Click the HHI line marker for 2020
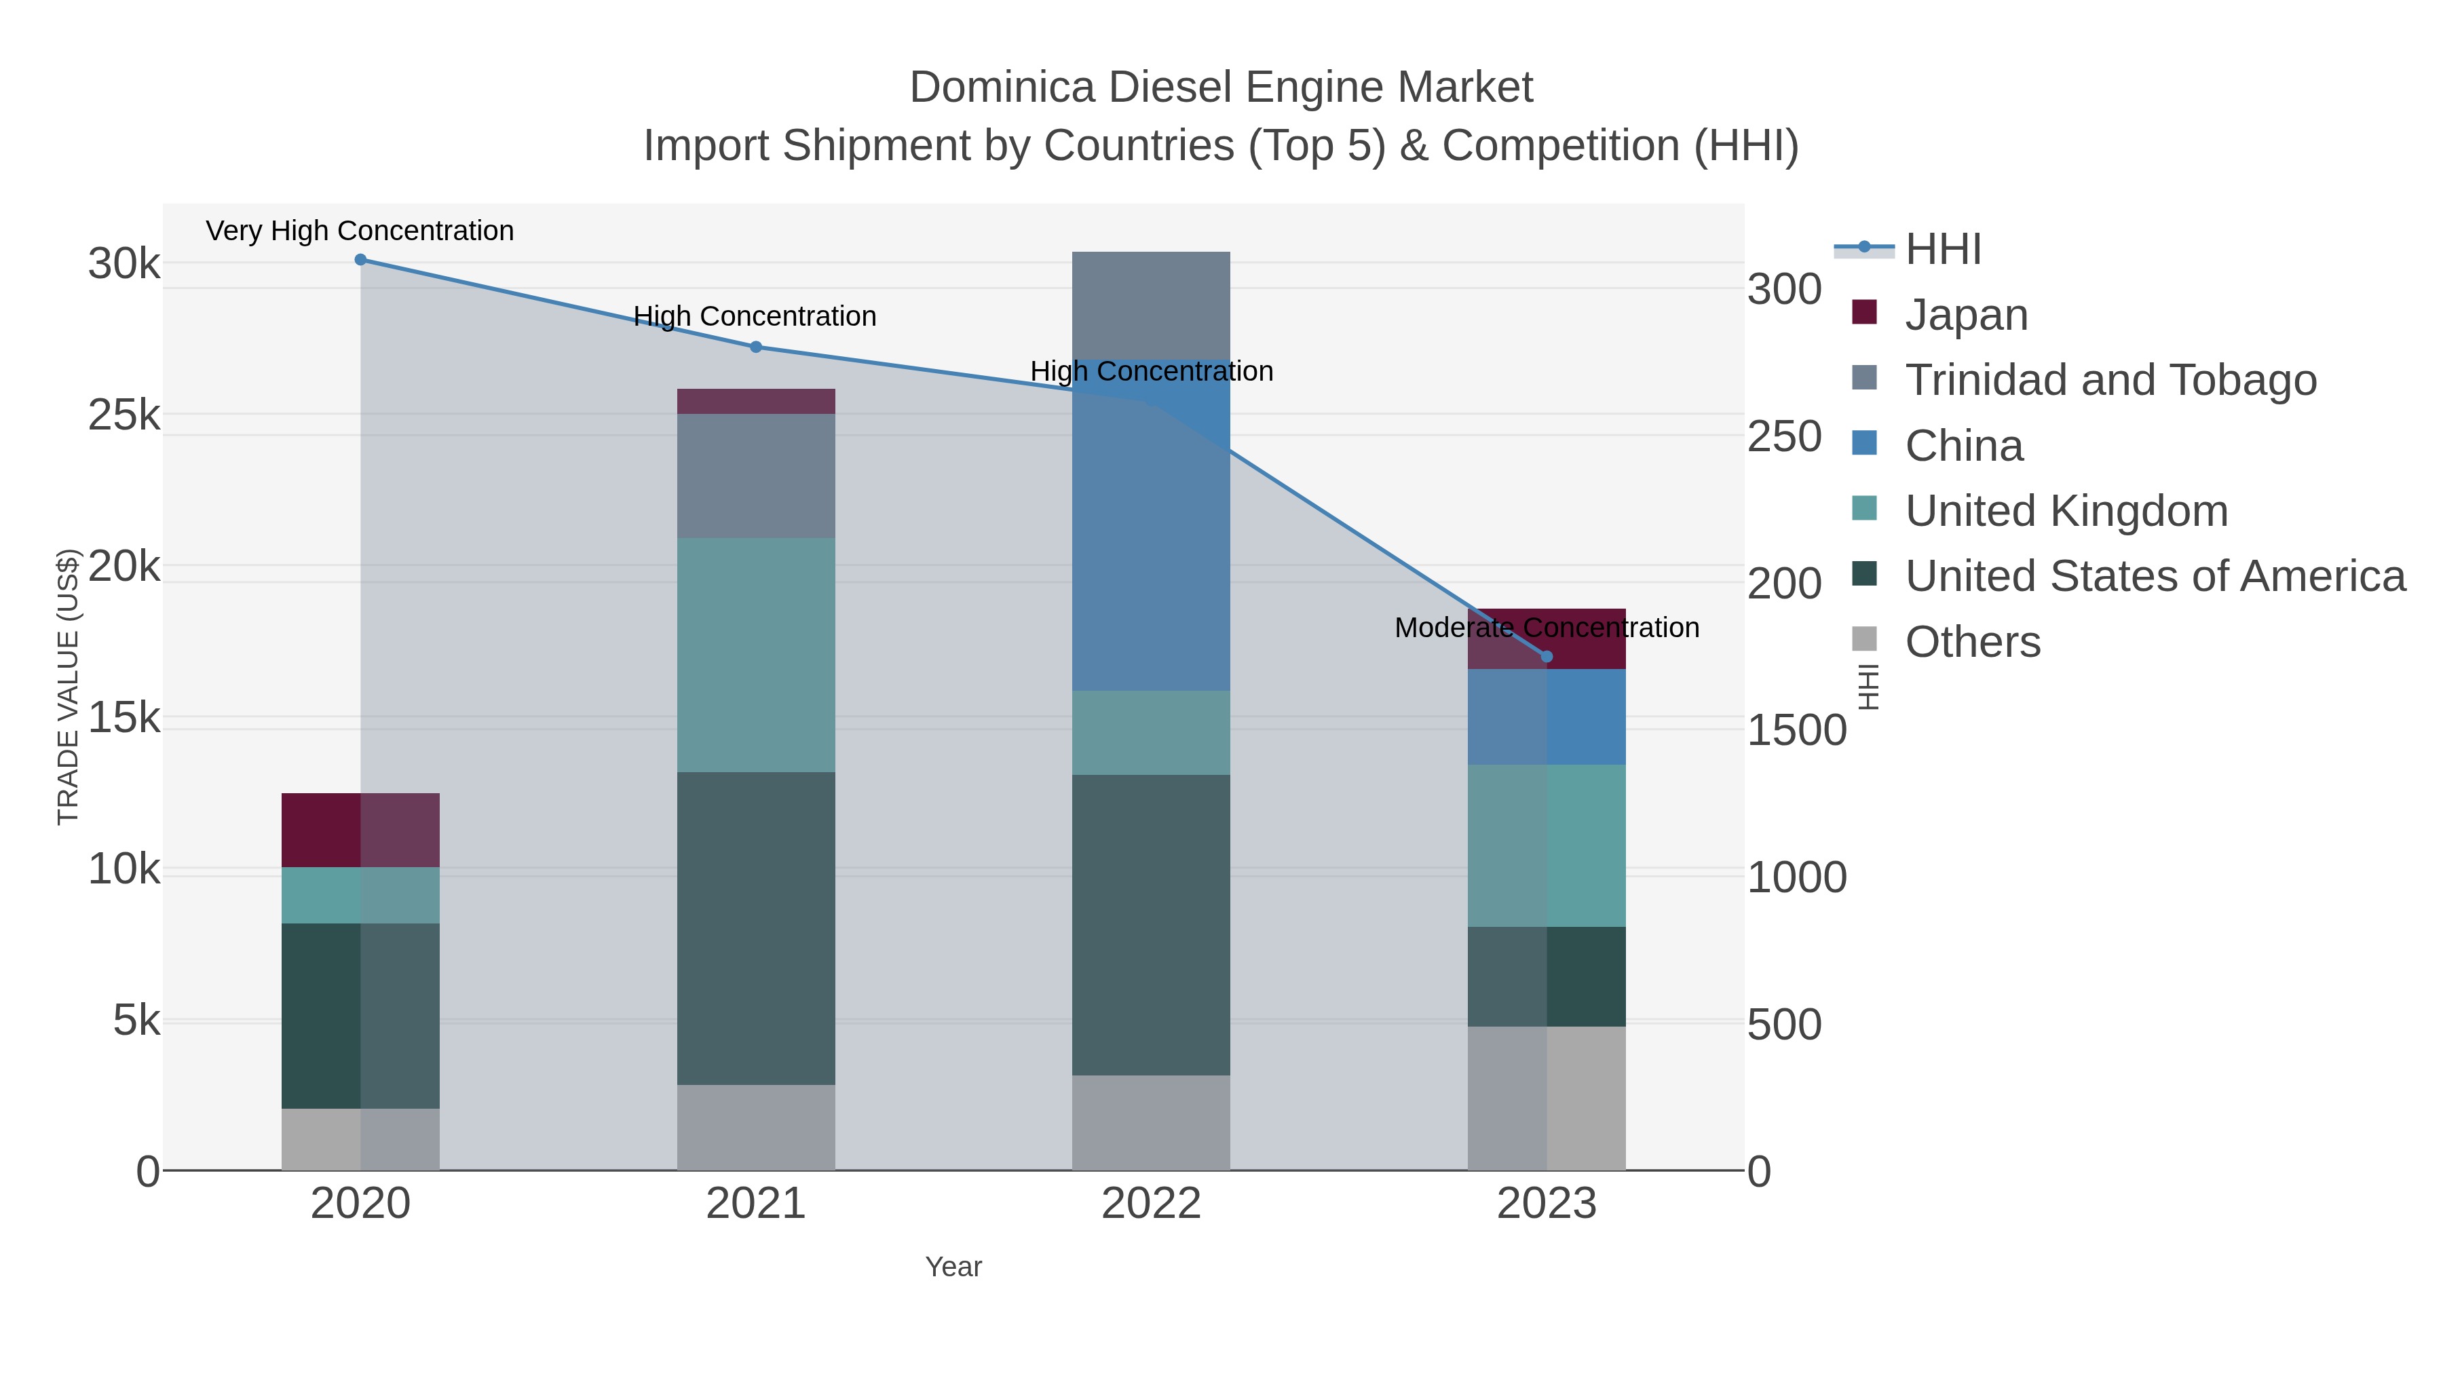pos(360,260)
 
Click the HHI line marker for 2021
pos(756,347)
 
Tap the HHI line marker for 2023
pos(1547,656)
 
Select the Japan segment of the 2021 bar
pos(756,401)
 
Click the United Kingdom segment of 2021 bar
pos(756,654)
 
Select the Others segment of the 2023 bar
pos(1547,1097)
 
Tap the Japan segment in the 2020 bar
pos(360,830)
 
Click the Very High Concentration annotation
pos(360,231)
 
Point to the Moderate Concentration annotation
pos(1547,628)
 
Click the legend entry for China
pos(1963,446)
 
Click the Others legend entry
pos(1973,642)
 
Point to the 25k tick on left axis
pos(124,415)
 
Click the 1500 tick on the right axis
pos(1796,730)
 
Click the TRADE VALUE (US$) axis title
pos(69,687)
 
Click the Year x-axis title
pos(953,1267)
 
